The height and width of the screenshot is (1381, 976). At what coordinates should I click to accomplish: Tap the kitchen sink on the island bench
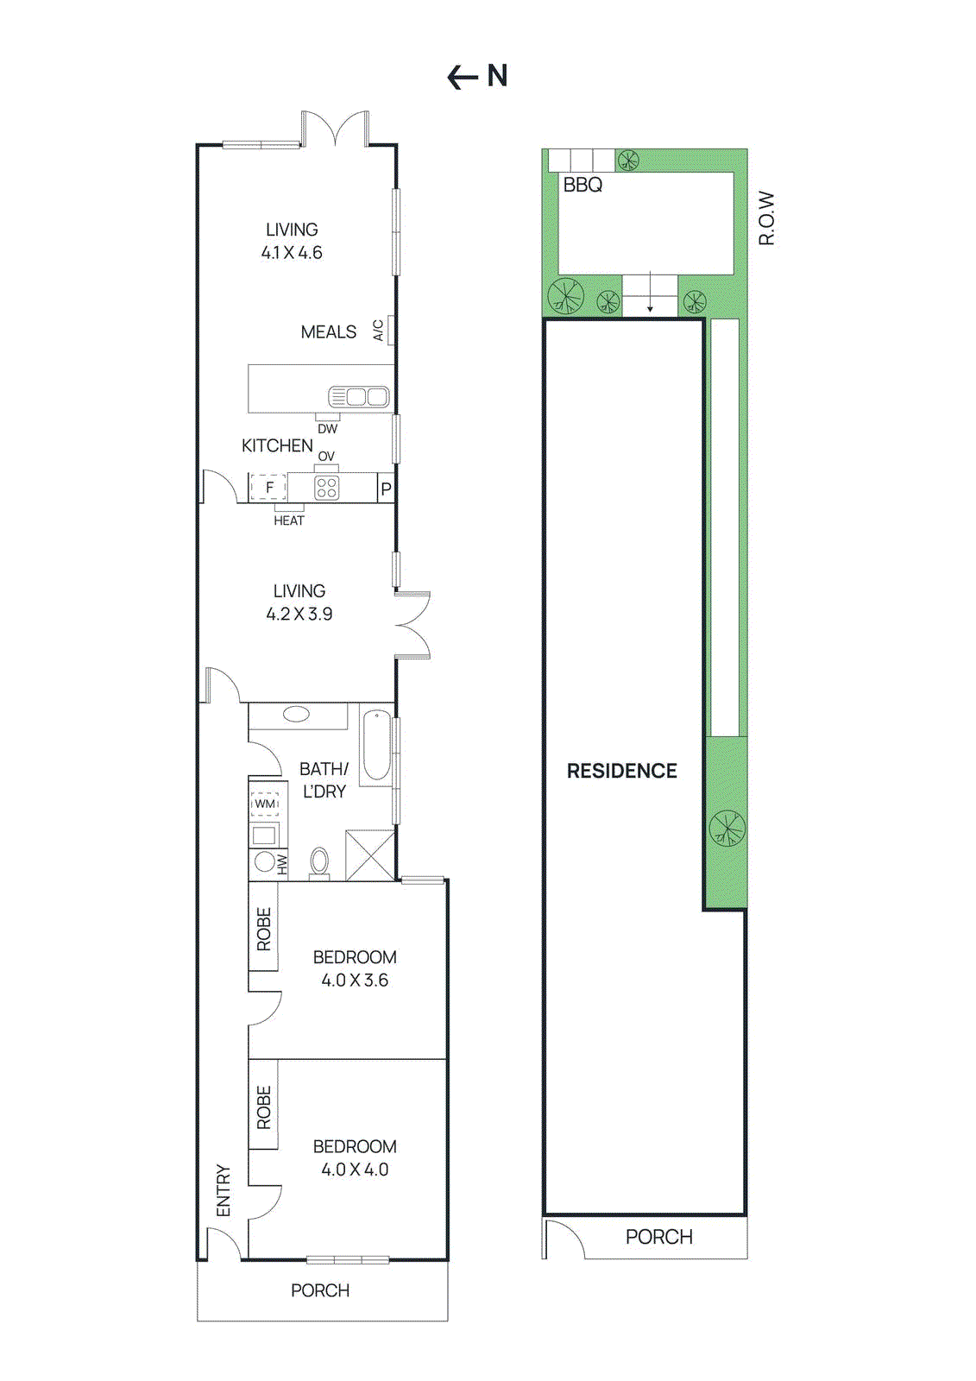(x=360, y=397)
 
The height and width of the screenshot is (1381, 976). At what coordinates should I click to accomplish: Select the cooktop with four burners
(x=327, y=488)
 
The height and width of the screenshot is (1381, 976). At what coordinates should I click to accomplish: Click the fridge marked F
(x=268, y=488)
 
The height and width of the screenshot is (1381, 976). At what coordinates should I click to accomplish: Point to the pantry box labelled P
(x=386, y=489)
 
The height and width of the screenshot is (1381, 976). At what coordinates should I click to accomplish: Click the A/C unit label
(x=378, y=331)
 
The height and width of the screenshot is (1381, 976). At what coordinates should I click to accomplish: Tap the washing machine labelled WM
(x=265, y=804)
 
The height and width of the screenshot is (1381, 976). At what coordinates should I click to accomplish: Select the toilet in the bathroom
(x=319, y=862)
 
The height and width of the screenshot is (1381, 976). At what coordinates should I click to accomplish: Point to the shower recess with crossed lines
(x=370, y=854)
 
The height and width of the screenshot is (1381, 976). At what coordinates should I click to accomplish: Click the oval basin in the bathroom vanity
(x=296, y=715)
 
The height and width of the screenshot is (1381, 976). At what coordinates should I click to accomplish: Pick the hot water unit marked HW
(x=266, y=862)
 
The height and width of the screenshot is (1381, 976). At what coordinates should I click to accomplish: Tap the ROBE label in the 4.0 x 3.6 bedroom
(x=264, y=929)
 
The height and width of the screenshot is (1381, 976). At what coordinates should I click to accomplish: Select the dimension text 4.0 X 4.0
(x=355, y=1170)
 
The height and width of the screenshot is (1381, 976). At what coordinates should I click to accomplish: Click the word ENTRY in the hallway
(x=224, y=1190)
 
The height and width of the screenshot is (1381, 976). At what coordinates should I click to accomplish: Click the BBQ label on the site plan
(x=582, y=185)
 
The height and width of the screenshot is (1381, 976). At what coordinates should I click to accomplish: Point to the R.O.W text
(x=766, y=218)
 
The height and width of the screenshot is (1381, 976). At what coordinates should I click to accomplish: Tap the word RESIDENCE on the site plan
(x=621, y=771)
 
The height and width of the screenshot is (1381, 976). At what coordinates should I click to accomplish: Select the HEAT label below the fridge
(x=288, y=520)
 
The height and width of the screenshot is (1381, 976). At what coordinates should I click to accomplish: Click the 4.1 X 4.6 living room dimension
(x=292, y=253)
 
